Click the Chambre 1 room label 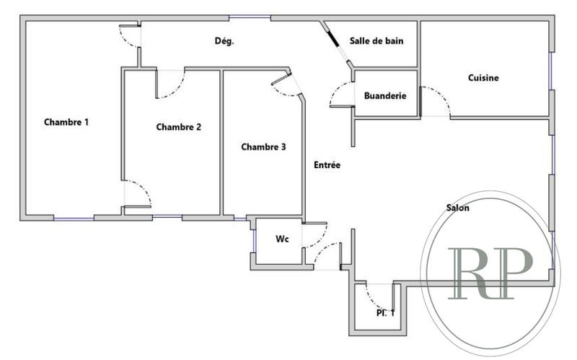pos(66,122)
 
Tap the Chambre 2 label pos(178,127)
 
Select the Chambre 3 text pos(263,146)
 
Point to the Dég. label pos(224,41)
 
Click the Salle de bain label pos(376,41)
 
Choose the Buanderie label pos(385,95)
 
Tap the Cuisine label pos(483,78)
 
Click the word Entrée pos(327,165)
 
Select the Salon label pos(457,208)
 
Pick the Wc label pos(283,239)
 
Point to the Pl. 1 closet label pos(384,312)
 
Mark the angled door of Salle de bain pos(336,44)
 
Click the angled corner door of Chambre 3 pos(286,86)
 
